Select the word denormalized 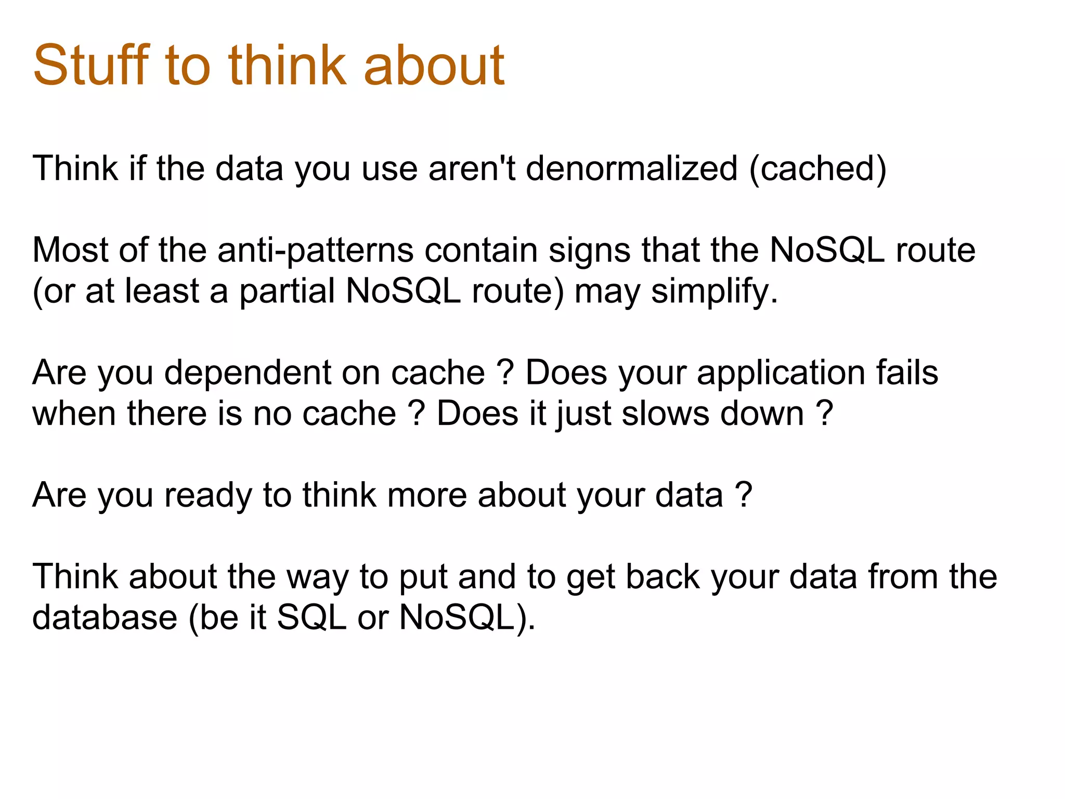point(631,169)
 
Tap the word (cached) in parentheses point(817,169)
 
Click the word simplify point(714,291)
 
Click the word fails point(907,373)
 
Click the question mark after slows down point(824,414)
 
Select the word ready point(208,495)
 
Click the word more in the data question point(427,495)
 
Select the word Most point(70,251)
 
